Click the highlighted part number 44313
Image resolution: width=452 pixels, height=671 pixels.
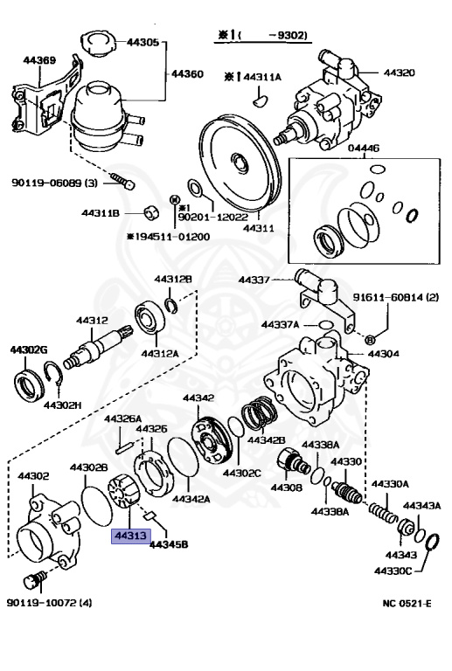(x=131, y=536)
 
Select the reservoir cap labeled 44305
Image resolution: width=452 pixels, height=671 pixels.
(x=99, y=44)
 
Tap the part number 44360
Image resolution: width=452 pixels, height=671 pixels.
(x=187, y=74)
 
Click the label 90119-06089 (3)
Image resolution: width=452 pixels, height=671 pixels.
(x=54, y=183)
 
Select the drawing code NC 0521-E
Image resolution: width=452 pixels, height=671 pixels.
(x=407, y=604)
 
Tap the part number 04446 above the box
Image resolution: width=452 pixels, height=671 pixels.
(x=364, y=148)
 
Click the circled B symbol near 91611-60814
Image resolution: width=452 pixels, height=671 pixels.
(x=370, y=340)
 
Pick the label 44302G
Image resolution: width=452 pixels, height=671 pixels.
(x=29, y=350)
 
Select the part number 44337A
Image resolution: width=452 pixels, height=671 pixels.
(x=281, y=324)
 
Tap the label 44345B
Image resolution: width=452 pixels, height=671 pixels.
(x=169, y=544)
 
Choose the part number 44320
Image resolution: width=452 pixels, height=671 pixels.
(x=399, y=73)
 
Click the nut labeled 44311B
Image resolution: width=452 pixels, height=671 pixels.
(x=150, y=211)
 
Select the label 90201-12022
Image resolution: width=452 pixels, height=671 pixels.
(x=212, y=217)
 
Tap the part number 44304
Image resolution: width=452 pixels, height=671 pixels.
(x=384, y=354)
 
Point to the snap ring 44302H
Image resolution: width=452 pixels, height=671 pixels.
(x=55, y=375)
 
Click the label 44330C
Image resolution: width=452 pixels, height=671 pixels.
(x=393, y=571)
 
